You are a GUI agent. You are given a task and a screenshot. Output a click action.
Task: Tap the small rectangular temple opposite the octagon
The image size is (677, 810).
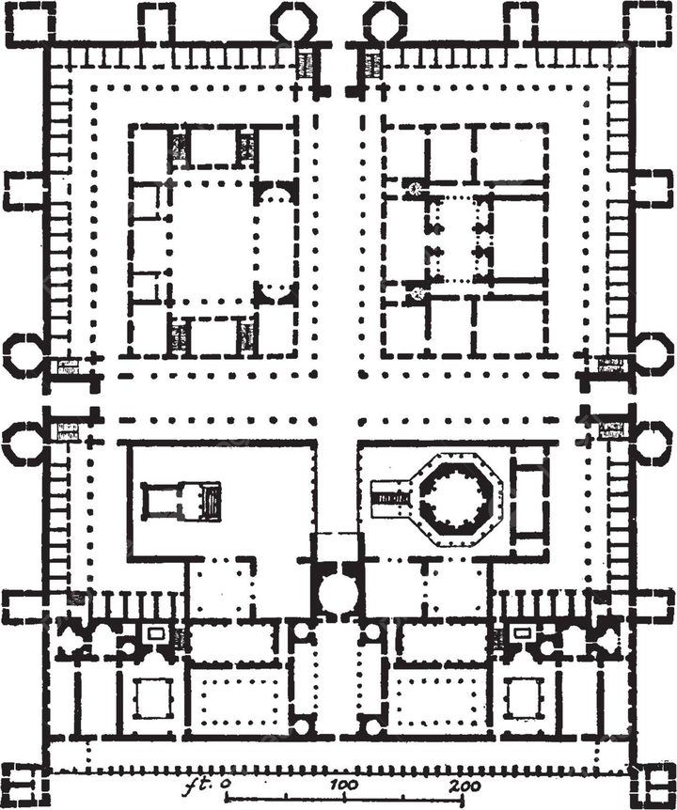coord(181,499)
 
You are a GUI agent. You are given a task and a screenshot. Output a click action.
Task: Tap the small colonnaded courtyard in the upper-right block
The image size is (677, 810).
coord(459,239)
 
